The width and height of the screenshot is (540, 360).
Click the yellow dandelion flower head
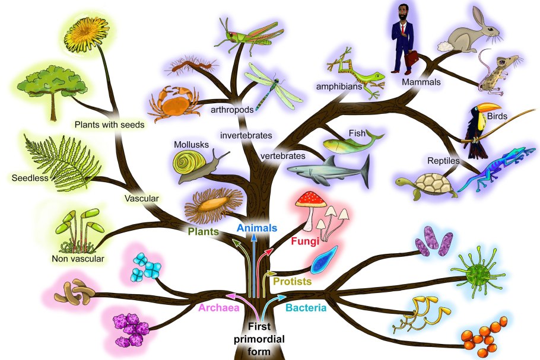click(x=87, y=34)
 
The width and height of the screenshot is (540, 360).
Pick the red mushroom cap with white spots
click(x=311, y=199)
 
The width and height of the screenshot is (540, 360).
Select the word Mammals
click(x=421, y=82)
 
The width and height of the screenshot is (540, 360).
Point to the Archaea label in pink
click(x=219, y=307)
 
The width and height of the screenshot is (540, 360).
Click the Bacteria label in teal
click(x=306, y=307)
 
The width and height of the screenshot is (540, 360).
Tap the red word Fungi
click(x=305, y=241)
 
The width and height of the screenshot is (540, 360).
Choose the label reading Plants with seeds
click(x=110, y=125)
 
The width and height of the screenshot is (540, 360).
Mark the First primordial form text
click(x=259, y=339)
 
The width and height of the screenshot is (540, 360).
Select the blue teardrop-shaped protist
click(x=324, y=260)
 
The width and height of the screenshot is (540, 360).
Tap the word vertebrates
click(x=282, y=156)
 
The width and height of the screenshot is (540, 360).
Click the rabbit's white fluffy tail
click(x=446, y=46)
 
